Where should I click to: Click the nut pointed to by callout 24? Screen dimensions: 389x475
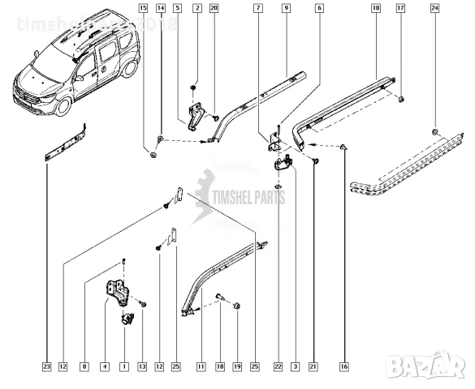tap(436, 131)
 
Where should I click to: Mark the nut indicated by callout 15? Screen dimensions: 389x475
tap(152, 154)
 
